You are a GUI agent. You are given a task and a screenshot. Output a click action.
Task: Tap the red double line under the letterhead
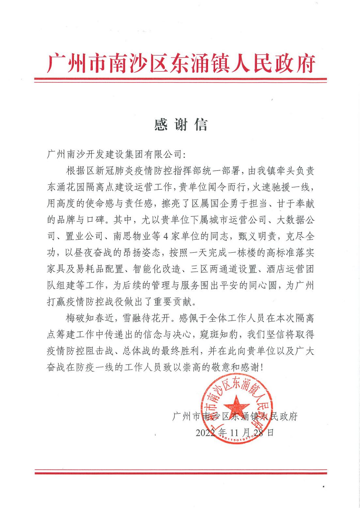click(x=180, y=81)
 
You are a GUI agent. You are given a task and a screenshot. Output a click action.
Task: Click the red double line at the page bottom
click(x=180, y=472)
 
